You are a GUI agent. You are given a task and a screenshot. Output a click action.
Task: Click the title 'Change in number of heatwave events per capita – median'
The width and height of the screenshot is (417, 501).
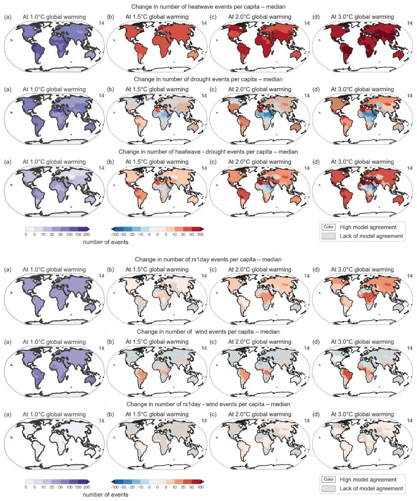(x=208, y=6)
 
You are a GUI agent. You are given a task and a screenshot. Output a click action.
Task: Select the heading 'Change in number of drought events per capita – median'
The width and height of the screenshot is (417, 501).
(x=208, y=78)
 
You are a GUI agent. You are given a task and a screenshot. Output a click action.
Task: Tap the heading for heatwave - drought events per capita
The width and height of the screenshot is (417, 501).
(x=208, y=152)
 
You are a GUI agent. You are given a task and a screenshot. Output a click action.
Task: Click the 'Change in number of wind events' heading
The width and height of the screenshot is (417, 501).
(x=208, y=332)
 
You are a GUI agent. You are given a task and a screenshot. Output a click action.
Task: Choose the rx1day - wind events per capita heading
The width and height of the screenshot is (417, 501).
(x=208, y=405)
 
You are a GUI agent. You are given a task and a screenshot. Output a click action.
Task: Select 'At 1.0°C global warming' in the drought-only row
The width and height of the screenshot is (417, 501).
(x=54, y=90)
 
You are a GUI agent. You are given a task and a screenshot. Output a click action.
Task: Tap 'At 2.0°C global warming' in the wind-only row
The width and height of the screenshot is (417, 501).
(x=260, y=343)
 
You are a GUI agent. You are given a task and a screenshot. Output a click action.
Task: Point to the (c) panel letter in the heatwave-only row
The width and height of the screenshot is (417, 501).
(x=213, y=17)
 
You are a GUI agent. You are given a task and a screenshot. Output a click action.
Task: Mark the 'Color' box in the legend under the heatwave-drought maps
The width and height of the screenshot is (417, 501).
(x=328, y=227)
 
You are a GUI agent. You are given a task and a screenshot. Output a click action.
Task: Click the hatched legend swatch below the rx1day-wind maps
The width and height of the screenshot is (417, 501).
(x=328, y=488)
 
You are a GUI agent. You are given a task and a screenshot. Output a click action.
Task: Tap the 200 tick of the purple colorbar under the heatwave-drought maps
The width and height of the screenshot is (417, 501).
(x=87, y=235)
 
